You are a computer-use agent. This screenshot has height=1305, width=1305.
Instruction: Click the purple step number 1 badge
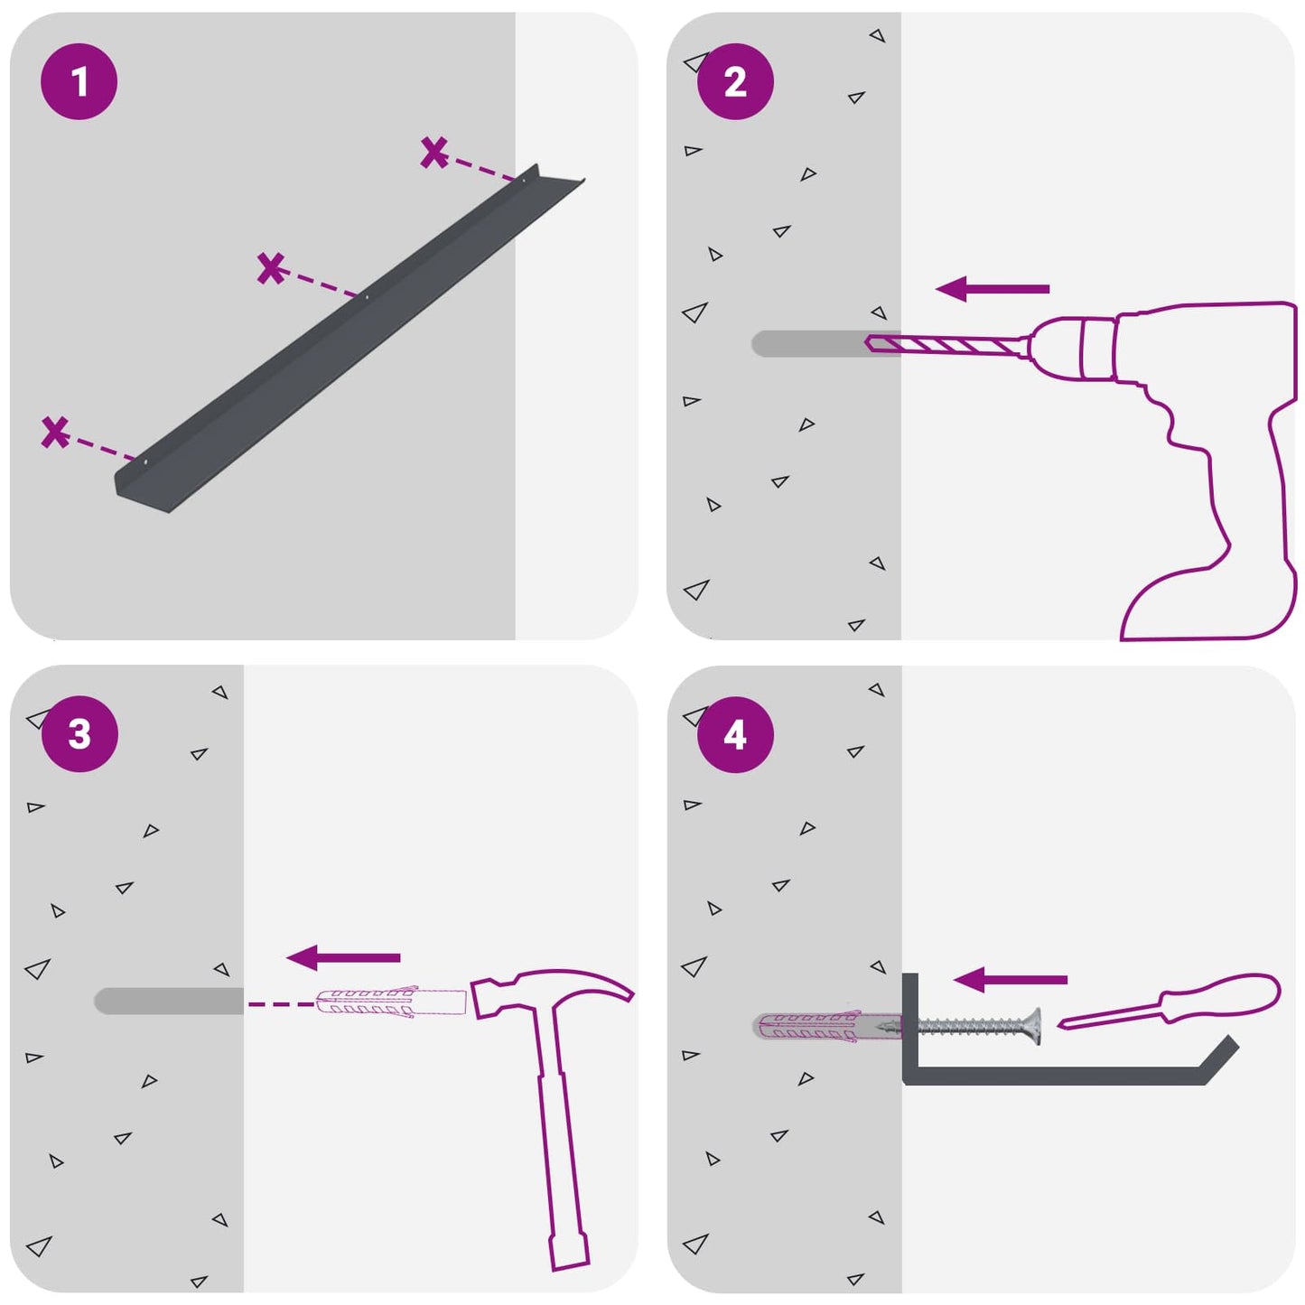[x=79, y=82]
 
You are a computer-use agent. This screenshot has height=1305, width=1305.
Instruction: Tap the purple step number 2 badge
[x=735, y=82]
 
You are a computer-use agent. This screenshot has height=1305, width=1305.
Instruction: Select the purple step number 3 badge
[x=79, y=734]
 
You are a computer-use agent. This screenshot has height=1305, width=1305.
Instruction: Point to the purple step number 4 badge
[x=735, y=735]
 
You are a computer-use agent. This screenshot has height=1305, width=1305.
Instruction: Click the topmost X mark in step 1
[x=434, y=153]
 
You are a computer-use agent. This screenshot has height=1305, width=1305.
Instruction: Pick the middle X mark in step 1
[x=271, y=268]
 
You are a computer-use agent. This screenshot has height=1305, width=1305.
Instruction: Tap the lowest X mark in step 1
[x=55, y=432]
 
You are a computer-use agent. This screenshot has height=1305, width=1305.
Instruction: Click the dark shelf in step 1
[x=350, y=337]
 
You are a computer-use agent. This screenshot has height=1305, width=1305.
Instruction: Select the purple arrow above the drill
[x=993, y=289]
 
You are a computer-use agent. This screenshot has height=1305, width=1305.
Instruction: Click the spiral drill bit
[x=948, y=345]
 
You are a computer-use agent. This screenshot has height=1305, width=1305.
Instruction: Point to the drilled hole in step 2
[x=826, y=344]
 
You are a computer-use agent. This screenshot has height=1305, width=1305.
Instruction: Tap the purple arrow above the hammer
[x=343, y=958]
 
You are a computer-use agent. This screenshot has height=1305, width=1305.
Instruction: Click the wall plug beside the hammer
[x=391, y=1003]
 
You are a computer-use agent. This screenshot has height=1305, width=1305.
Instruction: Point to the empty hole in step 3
[x=169, y=1001]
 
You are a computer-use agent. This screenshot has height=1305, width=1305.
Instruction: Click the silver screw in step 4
[x=959, y=1028]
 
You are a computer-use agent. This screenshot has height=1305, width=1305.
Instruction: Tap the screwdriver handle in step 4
[x=1220, y=995]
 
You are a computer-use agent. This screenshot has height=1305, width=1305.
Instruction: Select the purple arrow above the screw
[x=1011, y=980]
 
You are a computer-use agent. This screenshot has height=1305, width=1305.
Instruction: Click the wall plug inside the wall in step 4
[x=827, y=1027]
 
